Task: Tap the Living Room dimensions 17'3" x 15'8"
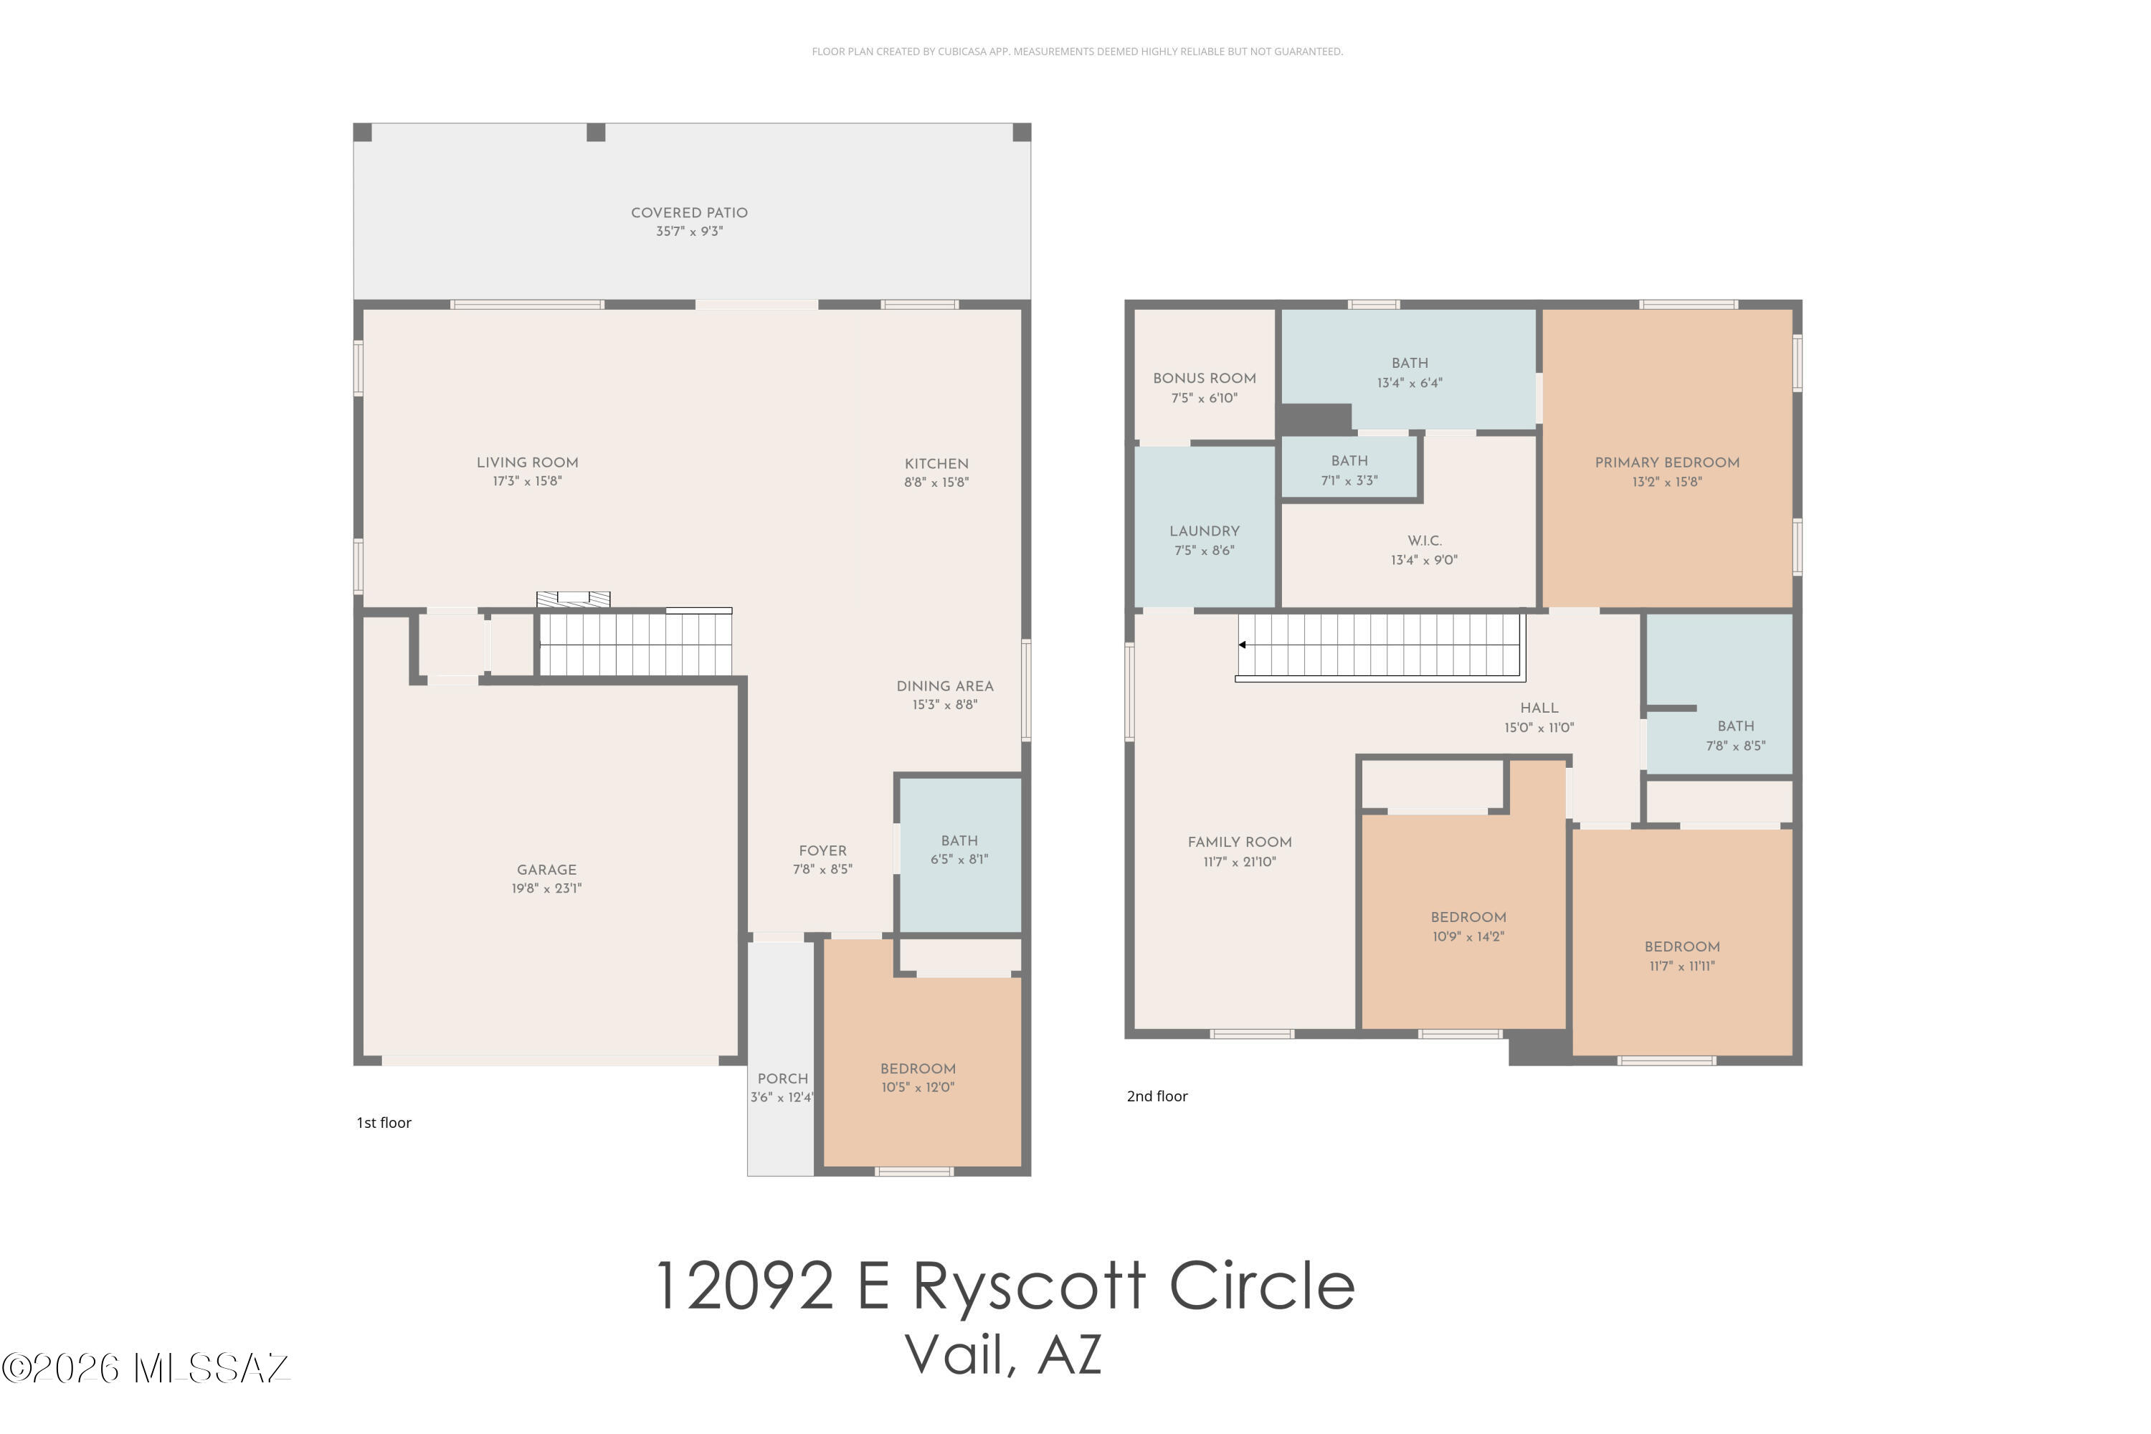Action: click(x=527, y=481)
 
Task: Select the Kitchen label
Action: click(x=936, y=464)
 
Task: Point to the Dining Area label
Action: click(x=945, y=686)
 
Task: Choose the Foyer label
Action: click(x=822, y=850)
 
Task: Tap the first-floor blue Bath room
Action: click(x=960, y=855)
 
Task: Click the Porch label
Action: click(x=783, y=1078)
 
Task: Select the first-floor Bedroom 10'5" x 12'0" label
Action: click(x=918, y=1078)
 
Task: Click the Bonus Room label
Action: click(x=1205, y=379)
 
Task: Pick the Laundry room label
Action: click(x=1205, y=531)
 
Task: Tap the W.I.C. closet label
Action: click(x=1425, y=541)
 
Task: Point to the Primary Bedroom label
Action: click(x=1667, y=462)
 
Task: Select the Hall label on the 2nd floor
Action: click(x=1539, y=708)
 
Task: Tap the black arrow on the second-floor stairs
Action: click(x=1242, y=645)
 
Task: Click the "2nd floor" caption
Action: click(x=1157, y=1096)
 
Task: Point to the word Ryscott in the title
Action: click(x=1029, y=1285)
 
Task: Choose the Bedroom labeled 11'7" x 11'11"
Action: click(x=1682, y=956)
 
